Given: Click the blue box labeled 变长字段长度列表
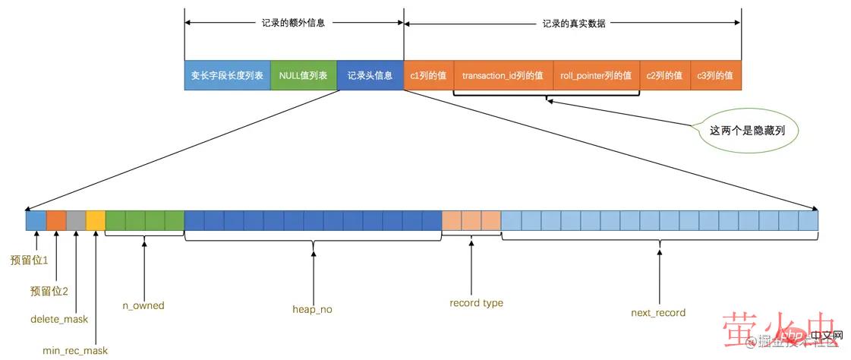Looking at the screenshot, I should (x=227, y=76).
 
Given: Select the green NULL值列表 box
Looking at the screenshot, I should (x=303, y=76).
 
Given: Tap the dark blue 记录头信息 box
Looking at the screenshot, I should (x=370, y=76).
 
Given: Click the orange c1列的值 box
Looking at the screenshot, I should (x=428, y=76).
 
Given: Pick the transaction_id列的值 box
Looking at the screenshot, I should (x=503, y=76).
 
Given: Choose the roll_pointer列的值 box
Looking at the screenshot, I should (x=596, y=76).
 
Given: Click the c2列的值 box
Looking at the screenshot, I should (x=664, y=76).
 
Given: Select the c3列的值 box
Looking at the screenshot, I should (x=715, y=76).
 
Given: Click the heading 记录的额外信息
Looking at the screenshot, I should (x=294, y=24).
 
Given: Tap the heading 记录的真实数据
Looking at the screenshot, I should (x=574, y=24).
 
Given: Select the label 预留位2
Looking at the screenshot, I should (x=49, y=291).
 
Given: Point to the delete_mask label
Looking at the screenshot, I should (x=59, y=320).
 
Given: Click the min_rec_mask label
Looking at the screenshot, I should (x=75, y=351).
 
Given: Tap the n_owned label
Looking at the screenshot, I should (x=143, y=306).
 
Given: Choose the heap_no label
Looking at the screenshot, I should (x=312, y=310).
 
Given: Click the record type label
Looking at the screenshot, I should (x=476, y=303).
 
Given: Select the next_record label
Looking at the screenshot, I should (x=658, y=313).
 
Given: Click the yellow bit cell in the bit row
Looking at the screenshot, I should (x=96, y=220).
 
